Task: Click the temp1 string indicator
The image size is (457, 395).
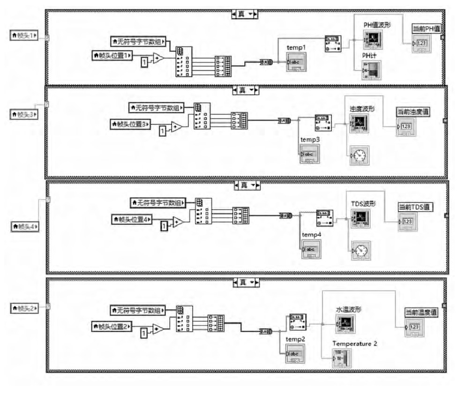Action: tap(295, 63)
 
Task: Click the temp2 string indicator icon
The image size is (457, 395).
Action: tap(295, 354)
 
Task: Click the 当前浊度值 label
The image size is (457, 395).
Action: tap(413, 112)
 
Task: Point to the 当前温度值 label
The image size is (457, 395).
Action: tap(421, 313)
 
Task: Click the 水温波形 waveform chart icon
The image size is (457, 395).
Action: tap(345, 323)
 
